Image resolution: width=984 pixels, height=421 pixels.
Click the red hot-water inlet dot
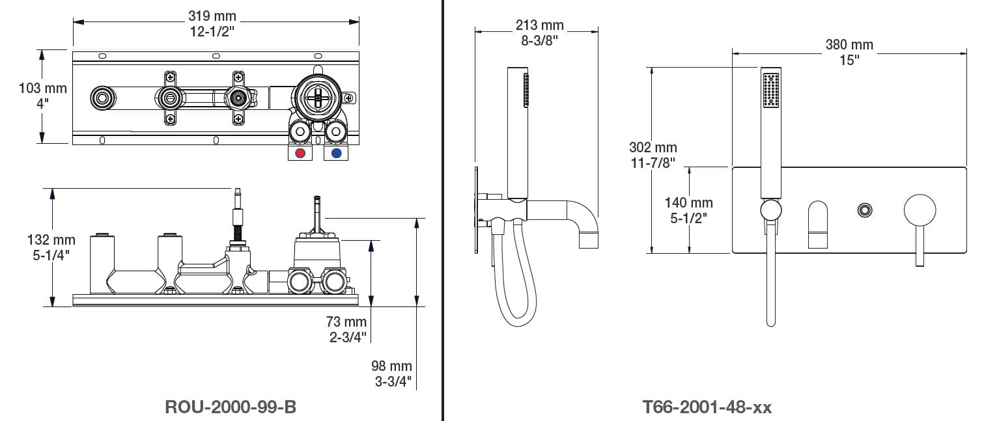pyautogui.click(x=300, y=153)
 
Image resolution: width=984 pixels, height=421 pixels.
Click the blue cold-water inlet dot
pyautogui.click(x=337, y=153)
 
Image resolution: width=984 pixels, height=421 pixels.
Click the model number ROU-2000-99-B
pyautogui.click(x=230, y=407)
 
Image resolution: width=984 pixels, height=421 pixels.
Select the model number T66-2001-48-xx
pyautogui.click(x=707, y=407)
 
